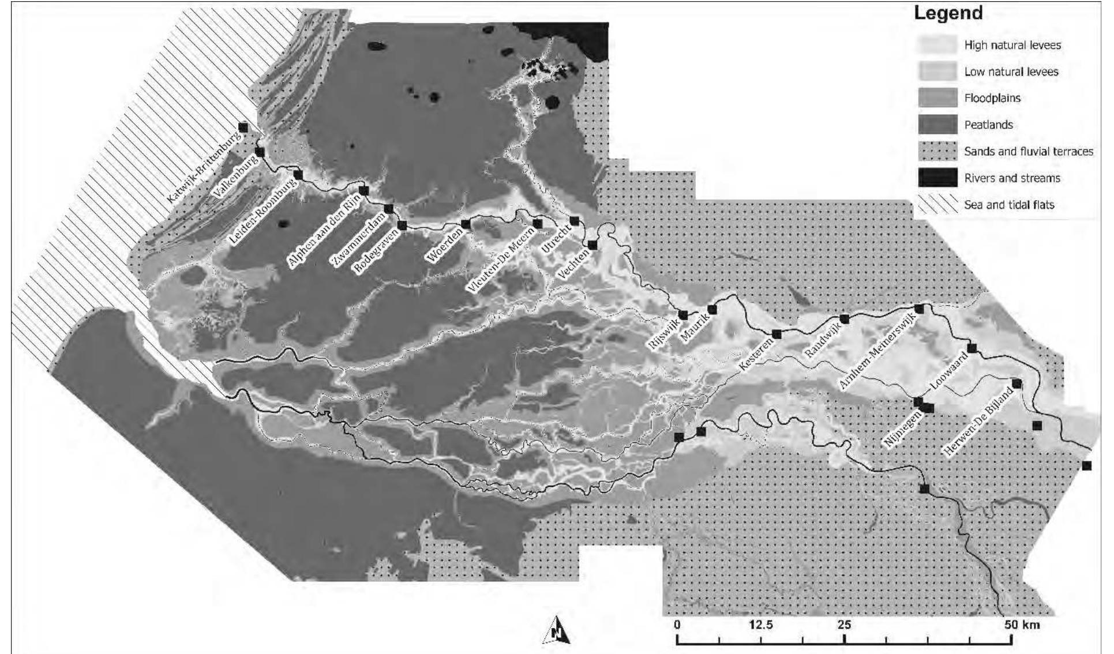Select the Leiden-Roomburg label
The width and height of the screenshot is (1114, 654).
(262, 212)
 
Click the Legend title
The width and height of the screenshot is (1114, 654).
(948, 13)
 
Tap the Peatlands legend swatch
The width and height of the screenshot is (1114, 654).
(937, 125)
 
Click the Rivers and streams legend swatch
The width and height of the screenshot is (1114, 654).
(937, 178)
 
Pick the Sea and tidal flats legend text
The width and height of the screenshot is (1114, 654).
(1009, 205)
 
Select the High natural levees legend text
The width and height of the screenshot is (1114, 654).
(1012, 45)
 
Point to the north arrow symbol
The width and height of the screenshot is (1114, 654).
(557, 630)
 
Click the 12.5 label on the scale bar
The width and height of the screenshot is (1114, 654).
(760, 625)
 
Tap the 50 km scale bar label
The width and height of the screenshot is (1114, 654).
(1022, 625)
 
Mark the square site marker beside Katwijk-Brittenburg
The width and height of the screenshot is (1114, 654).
(243, 127)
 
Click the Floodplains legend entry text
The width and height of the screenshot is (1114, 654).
(992, 98)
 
